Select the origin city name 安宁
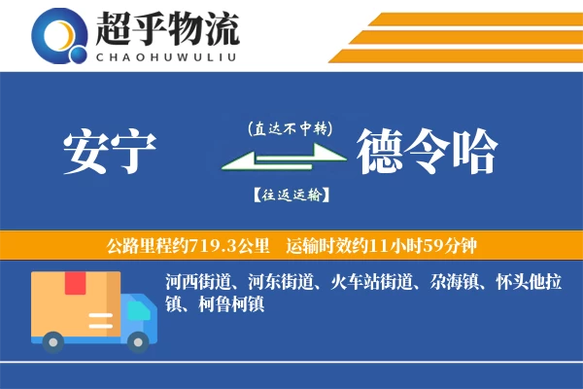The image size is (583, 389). [109, 151]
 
